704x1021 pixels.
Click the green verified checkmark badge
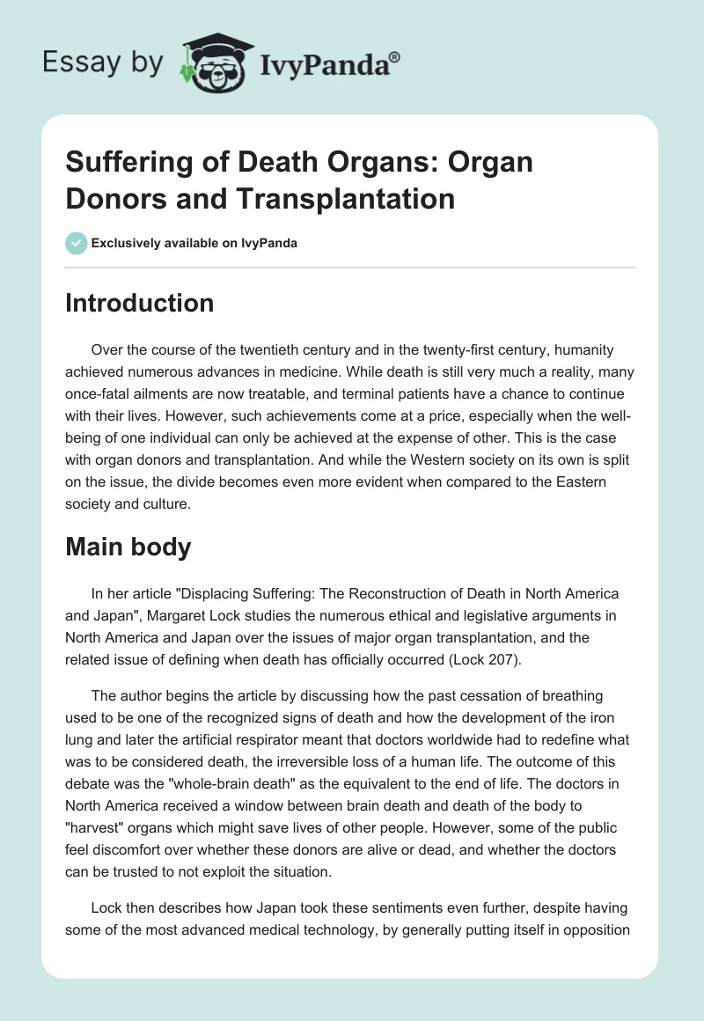coord(76,243)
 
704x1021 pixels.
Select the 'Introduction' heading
coord(140,304)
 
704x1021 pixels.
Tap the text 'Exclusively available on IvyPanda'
coord(194,244)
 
